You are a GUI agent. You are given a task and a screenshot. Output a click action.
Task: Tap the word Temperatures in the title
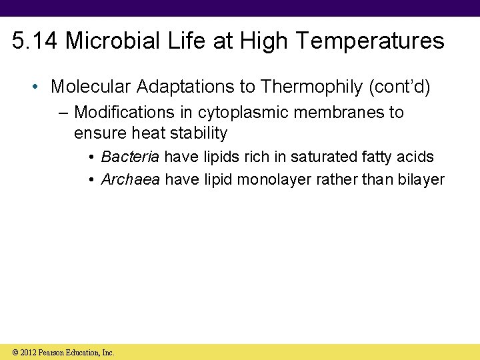tap(371, 41)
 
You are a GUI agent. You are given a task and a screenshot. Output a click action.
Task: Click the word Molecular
tap(90, 87)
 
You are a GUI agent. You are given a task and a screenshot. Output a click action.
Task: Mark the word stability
tap(199, 133)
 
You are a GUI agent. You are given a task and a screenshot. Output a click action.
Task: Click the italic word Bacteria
tap(130, 157)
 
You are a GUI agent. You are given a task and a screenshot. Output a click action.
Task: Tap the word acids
tap(417, 157)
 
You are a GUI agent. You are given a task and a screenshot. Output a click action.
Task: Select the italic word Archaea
tap(131, 180)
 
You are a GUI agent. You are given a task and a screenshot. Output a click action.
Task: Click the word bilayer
tap(423, 180)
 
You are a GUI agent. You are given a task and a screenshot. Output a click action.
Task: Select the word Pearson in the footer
tap(53, 352)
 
